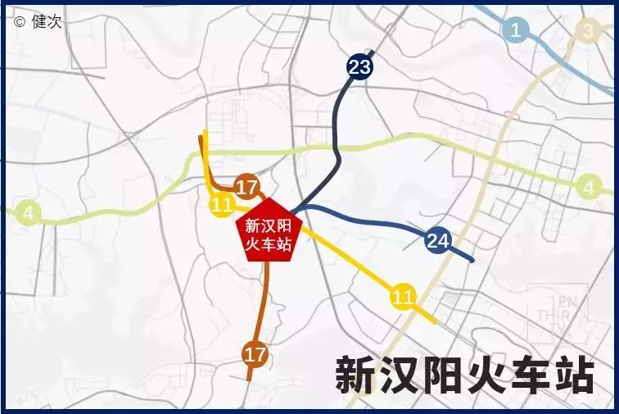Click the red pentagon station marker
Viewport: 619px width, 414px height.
click(269, 232)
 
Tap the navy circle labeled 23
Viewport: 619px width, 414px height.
click(359, 66)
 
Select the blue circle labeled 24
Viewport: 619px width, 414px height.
click(437, 240)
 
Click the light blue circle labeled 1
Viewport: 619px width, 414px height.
click(515, 31)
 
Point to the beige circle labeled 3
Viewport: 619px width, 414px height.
click(587, 31)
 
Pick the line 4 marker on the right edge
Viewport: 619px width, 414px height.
click(588, 188)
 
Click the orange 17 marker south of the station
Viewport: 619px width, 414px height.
click(255, 354)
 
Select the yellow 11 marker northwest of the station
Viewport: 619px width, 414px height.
click(222, 205)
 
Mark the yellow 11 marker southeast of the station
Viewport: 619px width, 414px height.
click(402, 296)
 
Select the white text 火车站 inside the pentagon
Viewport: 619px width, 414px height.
click(269, 244)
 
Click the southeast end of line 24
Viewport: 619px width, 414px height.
click(472, 261)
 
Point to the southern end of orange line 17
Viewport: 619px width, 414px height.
click(250, 380)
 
